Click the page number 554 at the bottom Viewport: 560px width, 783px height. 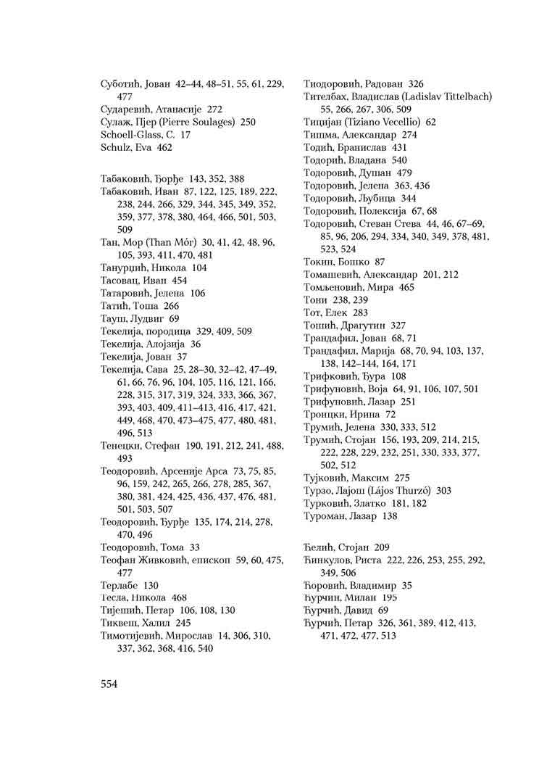coord(109,683)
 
